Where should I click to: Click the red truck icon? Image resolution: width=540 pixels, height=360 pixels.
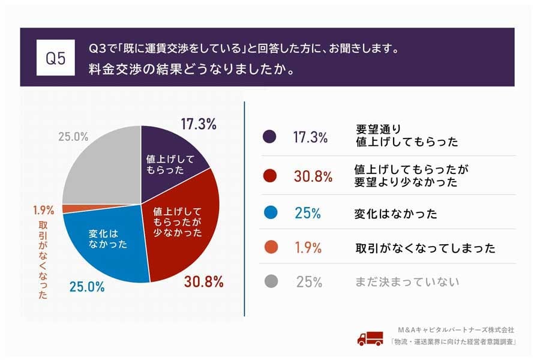370,338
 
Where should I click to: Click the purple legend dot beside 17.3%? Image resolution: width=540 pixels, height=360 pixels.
270,137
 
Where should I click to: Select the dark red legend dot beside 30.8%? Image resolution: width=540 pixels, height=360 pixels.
270,175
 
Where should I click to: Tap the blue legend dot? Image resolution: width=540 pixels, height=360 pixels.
270,214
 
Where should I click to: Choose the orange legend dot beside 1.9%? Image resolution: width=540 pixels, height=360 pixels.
270,247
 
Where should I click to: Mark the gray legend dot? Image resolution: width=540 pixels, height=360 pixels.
270,281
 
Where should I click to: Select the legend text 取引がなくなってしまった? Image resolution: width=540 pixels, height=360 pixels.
425,248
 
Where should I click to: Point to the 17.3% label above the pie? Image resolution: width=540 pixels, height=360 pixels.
198,124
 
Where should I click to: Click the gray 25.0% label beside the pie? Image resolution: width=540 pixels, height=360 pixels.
73,137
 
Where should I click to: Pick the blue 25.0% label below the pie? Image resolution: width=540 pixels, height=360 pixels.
86,287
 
